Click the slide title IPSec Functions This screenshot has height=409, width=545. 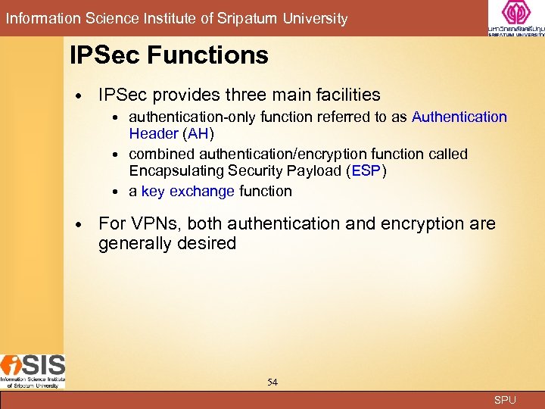pyautogui.click(x=169, y=55)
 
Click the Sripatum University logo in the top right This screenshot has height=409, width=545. pyautogui.click(x=516, y=18)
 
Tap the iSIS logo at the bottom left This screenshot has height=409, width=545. pyautogui.click(x=33, y=371)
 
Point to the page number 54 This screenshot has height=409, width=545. pyautogui.click(x=272, y=382)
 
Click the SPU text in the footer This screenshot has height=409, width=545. pyautogui.click(x=505, y=400)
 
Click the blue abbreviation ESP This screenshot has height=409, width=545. pyautogui.click(x=366, y=171)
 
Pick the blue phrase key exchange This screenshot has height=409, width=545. pyautogui.click(x=188, y=192)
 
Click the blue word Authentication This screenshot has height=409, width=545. pyautogui.click(x=459, y=117)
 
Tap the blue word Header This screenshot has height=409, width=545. pyautogui.click(x=154, y=134)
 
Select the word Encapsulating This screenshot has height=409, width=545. pyautogui.click(x=173, y=171)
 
